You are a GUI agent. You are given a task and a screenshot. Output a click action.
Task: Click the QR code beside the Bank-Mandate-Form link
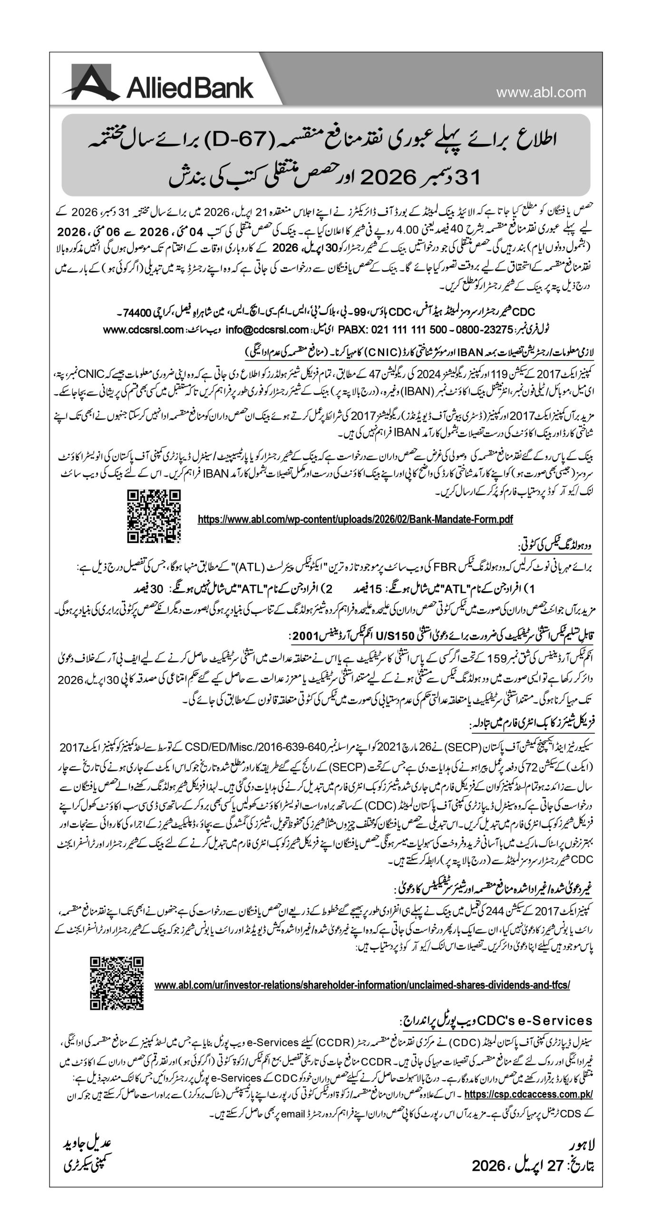click(x=154, y=516)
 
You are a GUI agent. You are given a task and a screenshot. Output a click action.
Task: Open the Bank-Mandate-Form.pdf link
click(x=355, y=519)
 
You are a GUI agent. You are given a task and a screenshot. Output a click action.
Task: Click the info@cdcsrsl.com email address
click(x=268, y=329)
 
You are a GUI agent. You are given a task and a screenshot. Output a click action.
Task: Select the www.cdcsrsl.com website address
click(x=143, y=329)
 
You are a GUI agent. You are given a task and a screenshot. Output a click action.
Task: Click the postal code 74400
click(x=136, y=312)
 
